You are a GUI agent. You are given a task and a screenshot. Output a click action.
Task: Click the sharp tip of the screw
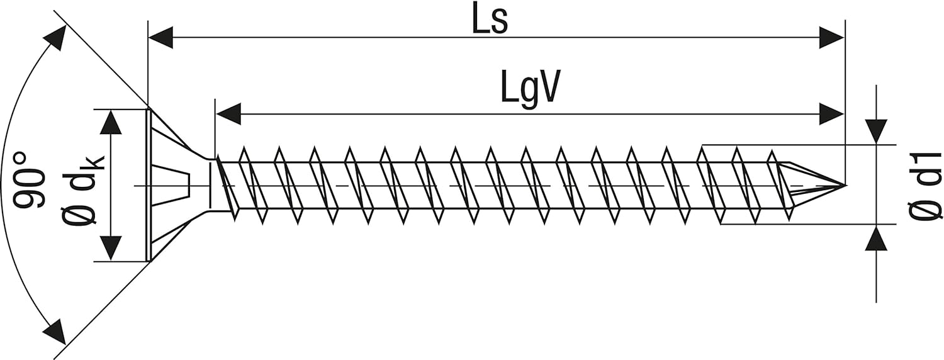[x=845, y=185]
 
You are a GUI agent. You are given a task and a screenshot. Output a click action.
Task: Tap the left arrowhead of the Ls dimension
[x=161, y=38]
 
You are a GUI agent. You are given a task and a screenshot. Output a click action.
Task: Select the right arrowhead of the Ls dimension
[x=831, y=38]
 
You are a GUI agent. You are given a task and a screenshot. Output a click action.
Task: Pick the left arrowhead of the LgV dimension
[x=228, y=113]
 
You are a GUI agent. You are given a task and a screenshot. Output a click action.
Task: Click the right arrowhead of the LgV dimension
[x=831, y=113]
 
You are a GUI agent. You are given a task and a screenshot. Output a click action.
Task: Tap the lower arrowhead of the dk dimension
[x=111, y=249]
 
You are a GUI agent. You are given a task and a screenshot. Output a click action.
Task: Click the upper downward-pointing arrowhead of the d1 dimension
[x=876, y=132]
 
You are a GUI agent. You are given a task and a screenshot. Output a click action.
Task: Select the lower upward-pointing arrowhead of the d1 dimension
[x=876, y=238]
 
